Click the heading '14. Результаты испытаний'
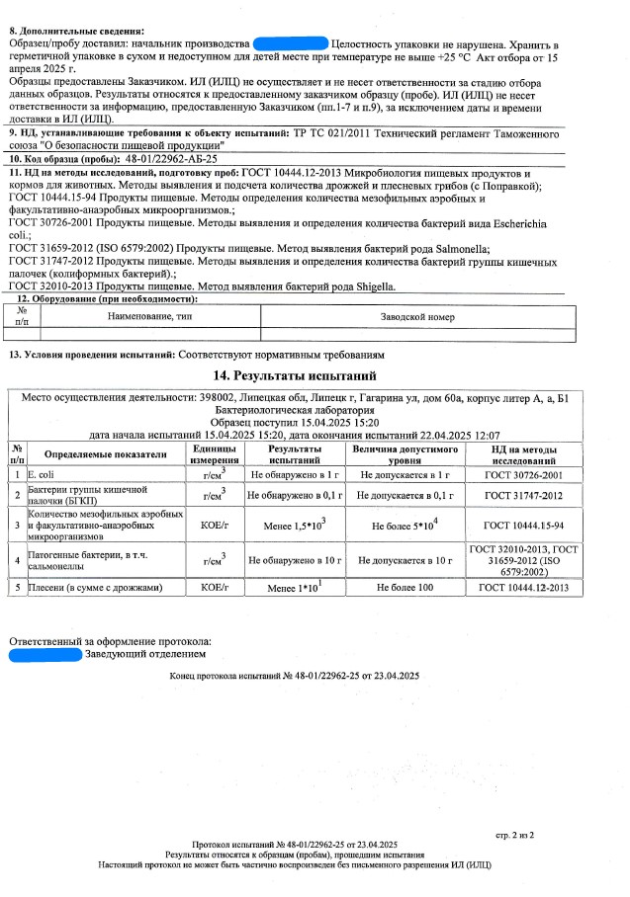tap(295, 376)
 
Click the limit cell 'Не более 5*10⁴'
tap(405, 525)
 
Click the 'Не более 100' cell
tap(405, 588)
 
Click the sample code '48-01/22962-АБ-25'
tap(172, 158)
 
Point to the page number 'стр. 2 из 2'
tap(514, 836)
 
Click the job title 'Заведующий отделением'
tap(145, 653)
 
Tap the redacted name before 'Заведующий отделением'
tap(45, 653)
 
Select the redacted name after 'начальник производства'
tap(290, 44)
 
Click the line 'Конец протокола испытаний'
tap(295, 676)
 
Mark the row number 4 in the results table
tap(17, 560)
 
